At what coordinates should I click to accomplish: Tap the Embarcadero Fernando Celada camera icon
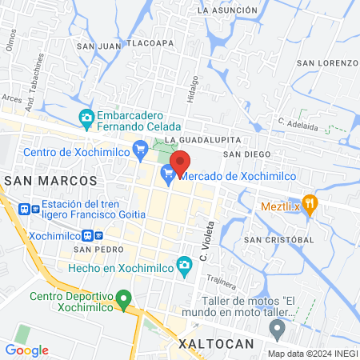pyautogui.click(x=86, y=118)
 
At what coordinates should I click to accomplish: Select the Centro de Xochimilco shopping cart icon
pyautogui.click(x=141, y=147)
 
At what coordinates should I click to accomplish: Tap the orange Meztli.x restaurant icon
pyautogui.click(x=310, y=203)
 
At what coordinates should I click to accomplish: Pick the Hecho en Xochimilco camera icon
pyautogui.click(x=185, y=265)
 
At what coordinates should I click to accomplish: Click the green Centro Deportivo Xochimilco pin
pyautogui.click(x=123, y=301)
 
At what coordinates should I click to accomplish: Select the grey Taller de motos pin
pyautogui.click(x=277, y=327)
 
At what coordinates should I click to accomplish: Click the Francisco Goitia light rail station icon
pyautogui.click(x=26, y=208)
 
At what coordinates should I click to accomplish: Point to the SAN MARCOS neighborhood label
pyautogui.click(x=50, y=182)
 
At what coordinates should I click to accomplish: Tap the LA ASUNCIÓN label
pyautogui.click(x=227, y=10)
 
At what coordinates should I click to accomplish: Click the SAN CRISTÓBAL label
pyautogui.click(x=278, y=239)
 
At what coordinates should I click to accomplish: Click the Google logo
pyautogui.click(x=26, y=350)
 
